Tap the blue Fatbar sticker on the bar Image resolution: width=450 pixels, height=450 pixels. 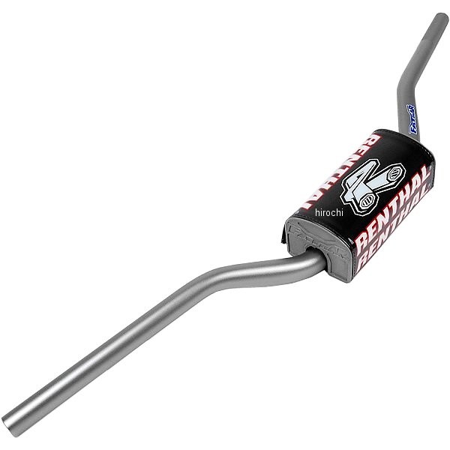click(412, 119)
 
